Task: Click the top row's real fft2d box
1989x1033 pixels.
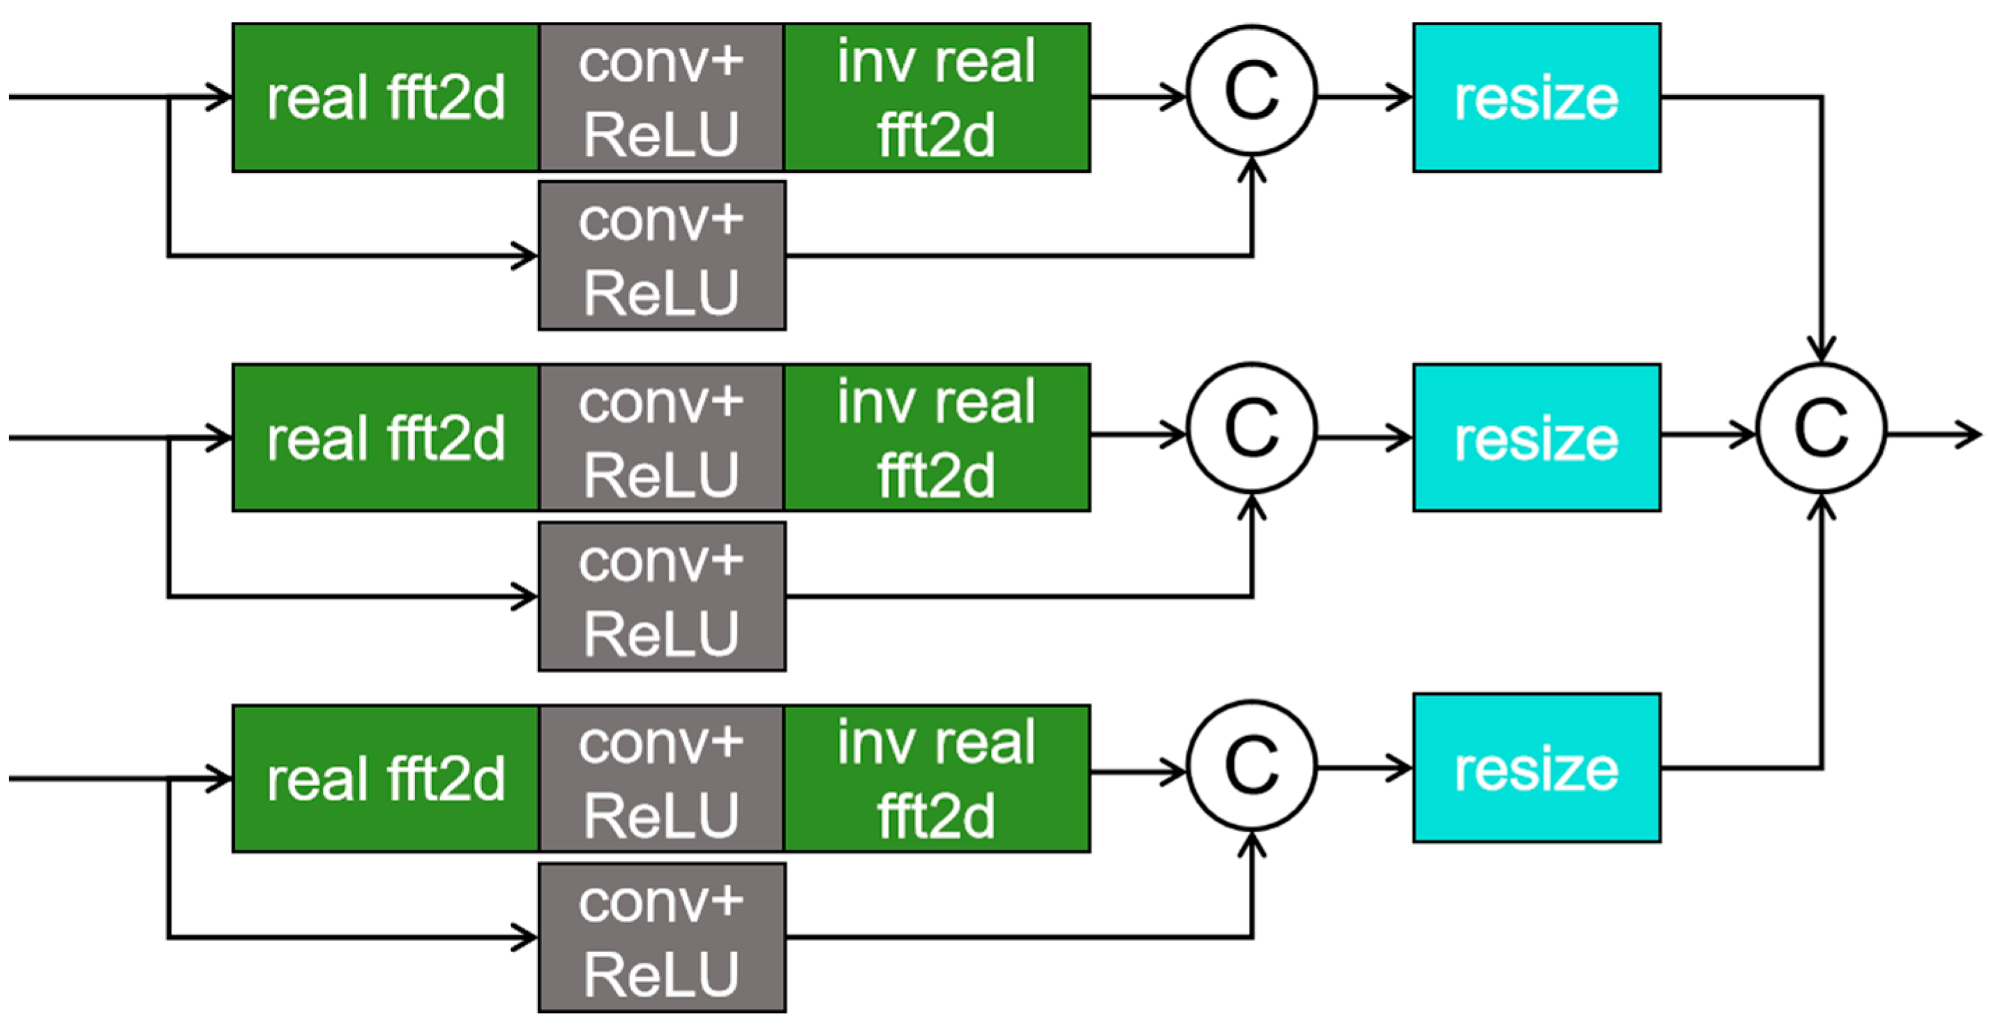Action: [x=385, y=97]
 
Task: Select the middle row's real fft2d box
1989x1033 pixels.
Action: [x=385, y=438]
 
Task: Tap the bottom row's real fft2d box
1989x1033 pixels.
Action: [x=385, y=778]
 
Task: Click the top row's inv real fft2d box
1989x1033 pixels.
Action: [x=937, y=97]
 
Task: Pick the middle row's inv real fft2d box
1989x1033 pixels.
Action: [x=937, y=438]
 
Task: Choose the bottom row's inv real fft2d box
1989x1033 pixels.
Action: [x=937, y=778]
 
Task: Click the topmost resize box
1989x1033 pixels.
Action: [x=1536, y=97]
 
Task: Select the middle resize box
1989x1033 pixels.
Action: [x=1536, y=438]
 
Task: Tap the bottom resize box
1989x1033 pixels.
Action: [x=1536, y=767]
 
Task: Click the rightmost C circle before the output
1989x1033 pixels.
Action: [x=1822, y=428]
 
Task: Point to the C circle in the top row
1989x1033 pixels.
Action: [x=1252, y=91]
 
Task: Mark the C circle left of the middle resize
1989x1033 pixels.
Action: [x=1252, y=428]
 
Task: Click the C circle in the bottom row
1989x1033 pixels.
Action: [x=1252, y=766]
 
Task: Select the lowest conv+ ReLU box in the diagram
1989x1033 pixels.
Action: [x=662, y=937]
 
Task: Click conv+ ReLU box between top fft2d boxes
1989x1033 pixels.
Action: [x=662, y=97]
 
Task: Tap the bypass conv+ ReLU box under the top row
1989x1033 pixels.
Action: [x=662, y=255]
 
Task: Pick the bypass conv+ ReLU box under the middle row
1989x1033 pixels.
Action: [x=662, y=596]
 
